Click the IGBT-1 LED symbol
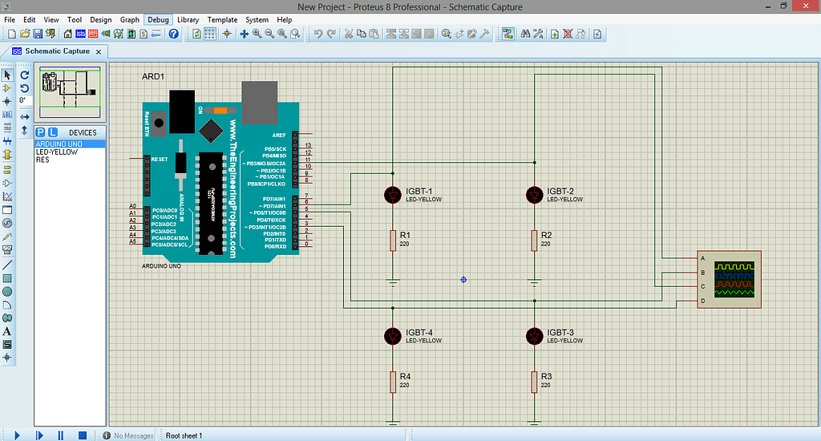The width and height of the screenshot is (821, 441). (x=393, y=194)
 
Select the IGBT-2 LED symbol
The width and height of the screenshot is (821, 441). (x=534, y=194)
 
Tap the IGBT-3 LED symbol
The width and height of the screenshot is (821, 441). (x=534, y=335)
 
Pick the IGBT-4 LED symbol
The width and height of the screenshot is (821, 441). (x=393, y=335)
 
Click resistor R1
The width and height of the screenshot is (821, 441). (x=393, y=240)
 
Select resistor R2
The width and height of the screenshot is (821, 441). (x=534, y=240)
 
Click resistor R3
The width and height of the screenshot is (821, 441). (x=534, y=381)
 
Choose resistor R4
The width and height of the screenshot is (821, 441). (x=393, y=381)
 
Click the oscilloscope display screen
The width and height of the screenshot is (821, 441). (x=735, y=278)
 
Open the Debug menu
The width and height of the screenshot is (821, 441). (x=159, y=19)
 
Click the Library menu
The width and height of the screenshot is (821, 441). (x=188, y=19)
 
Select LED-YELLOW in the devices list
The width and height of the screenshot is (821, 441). (x=57, y=152)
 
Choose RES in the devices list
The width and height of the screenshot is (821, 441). (x=42, y=160)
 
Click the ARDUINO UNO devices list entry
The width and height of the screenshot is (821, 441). (x=59, y=144)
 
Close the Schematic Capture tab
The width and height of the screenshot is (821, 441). (x=99, y=51)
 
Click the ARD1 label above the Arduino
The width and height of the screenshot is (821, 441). (x=152, y=77)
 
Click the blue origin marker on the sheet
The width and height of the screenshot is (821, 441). (x=463, y=279)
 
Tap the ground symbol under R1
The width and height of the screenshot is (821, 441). (x=393, y=281)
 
